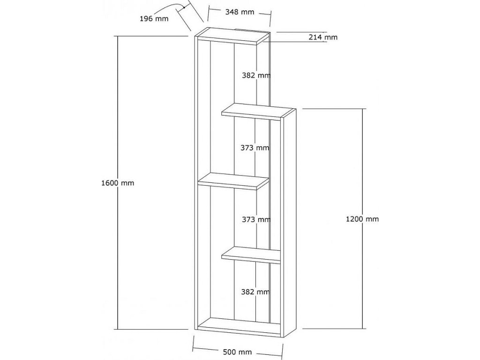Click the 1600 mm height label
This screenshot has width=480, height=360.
(x=118, y=183)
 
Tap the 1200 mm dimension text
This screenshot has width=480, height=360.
(x=362, y=219)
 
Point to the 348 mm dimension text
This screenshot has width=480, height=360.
(x=240, y=12)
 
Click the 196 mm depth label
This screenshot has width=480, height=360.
(x=154, y=19)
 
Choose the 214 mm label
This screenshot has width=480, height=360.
(x=323, y=37)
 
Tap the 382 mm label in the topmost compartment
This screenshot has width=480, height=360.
(x=255, y=75)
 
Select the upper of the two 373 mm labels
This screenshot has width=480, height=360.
(x=255, y=148)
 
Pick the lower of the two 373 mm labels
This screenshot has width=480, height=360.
(x=255, y=219)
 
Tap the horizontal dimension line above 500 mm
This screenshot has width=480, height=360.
(x=239, y=345)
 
